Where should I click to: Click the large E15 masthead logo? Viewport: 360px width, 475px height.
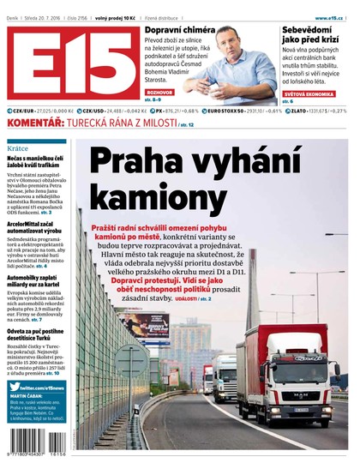click(x=70, y=64)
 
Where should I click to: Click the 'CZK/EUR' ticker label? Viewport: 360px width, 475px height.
click(x=23, y=111)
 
